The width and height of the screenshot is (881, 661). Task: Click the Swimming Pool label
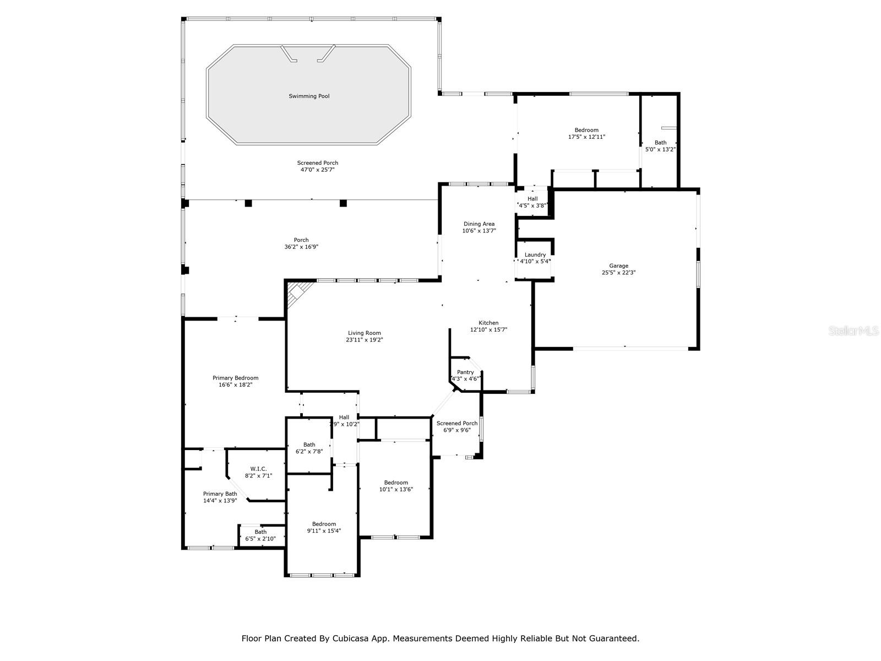tap(309, 96)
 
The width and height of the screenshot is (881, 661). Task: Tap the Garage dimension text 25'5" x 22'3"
tap(618, 273)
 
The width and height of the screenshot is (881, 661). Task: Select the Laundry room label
tap(535, 254)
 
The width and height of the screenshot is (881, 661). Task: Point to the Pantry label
tap(465, 372)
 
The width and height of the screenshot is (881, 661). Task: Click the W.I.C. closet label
tap(258, 469)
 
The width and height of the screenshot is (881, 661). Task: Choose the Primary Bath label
tap(220, 494)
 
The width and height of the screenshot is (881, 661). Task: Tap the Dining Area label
tap(479, 224)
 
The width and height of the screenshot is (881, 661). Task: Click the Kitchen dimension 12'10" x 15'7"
tap(488, 330)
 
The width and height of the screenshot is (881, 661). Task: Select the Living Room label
tap(365, 333)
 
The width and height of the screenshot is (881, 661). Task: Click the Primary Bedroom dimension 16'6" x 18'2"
tap(235, 385)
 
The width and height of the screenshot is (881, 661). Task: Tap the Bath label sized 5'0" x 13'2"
tap(660, 143)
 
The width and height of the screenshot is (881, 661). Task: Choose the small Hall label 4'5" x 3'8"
tap(532, 199)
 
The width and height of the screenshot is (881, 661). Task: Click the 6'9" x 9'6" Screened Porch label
tap(457, 423)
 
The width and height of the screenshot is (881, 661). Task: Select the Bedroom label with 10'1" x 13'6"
tap(396, 483)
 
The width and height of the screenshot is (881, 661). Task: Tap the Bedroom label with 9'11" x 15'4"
tap(324, 524)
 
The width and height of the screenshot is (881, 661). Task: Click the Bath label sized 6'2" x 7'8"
tap(309, 445)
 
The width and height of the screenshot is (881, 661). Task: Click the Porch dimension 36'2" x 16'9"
tap(301, 247)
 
